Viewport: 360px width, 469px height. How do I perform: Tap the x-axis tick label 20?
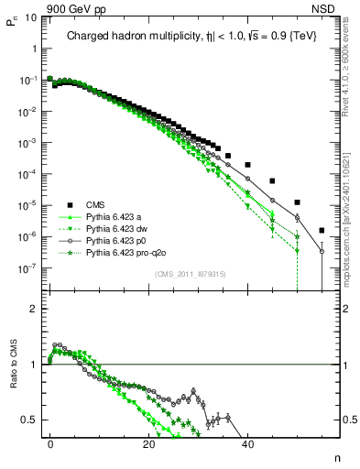pos(148,444)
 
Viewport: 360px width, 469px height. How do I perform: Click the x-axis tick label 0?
pos(50,444)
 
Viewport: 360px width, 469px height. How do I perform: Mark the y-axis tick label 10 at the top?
pos(28,17)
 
